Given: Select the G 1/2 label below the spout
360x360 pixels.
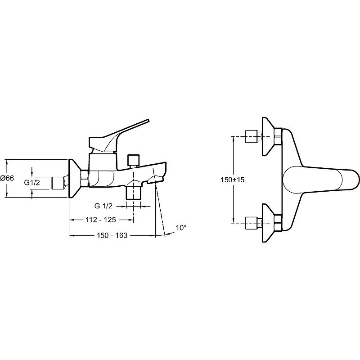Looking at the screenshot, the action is coord(103,206).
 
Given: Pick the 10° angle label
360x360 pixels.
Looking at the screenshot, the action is coord(181,228).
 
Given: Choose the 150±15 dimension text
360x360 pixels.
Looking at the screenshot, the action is coord(232,180).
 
